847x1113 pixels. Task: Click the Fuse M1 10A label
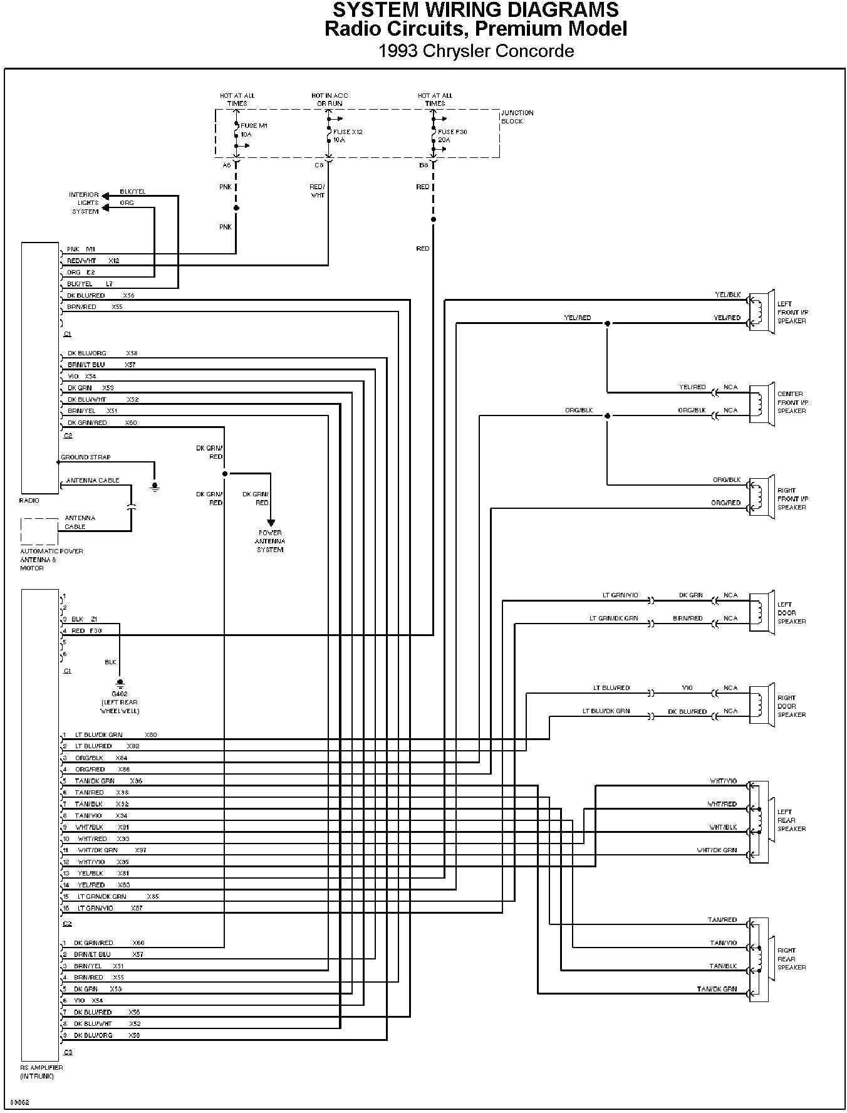tap(254, 130)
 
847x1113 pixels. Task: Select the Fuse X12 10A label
tap(347, 136)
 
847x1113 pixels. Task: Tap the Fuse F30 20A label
tap(452, 136)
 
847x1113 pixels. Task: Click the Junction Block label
tap(517, 117)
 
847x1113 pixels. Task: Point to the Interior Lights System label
tap(85, 203)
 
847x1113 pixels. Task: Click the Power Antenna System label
tap(270, 541)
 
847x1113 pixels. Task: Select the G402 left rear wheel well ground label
tap(120, 702)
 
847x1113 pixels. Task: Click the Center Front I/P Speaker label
tap(792, 402)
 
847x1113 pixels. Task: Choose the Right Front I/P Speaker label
tap(792, 499)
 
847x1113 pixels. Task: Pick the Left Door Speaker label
tap(791, 613)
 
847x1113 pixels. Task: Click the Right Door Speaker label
tap(787, 706)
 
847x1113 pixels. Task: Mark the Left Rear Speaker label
tap(791, 820)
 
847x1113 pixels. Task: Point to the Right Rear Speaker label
tap(791, 959)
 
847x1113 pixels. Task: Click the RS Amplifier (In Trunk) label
tap(41, 1072)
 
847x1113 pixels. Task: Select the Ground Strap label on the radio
tap(86, 457)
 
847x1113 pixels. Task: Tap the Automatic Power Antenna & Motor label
tap(51, 560)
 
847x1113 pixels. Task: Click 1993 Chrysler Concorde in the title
tap(476, 51)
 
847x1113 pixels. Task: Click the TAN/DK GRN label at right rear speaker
tap(717, 989)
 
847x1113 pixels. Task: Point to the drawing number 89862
tap(19, 1102)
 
